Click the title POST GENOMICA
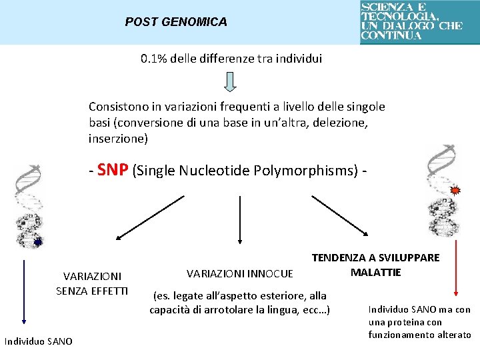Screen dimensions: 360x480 176,22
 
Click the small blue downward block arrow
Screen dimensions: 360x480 229,81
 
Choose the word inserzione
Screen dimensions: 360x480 117,139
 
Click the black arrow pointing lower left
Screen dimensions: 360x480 149,217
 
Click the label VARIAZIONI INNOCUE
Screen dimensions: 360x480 239,273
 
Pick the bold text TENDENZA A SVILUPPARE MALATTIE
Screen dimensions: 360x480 375,265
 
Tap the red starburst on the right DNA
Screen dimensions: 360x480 456,191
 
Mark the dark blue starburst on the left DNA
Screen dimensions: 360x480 38,242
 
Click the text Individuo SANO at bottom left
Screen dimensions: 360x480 39,342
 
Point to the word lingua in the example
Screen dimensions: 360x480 283,310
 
